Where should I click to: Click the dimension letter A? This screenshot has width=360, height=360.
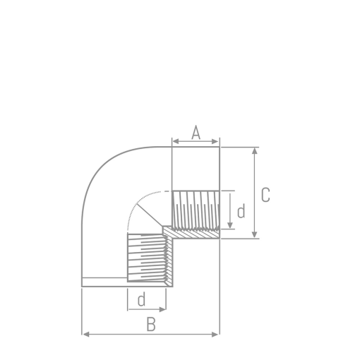click(x=196, y=132)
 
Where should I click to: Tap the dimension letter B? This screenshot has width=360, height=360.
click(x=150, y=325)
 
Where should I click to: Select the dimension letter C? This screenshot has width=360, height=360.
click(x=265, y=195)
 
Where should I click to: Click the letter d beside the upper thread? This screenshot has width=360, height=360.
click(x=241, y=211)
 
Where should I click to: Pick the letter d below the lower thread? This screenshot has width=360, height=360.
click(x=141, y=300)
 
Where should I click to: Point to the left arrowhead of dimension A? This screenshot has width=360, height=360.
click(x=175, y=143)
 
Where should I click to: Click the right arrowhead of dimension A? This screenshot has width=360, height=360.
click(x=217, y=143)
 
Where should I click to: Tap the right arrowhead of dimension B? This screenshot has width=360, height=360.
click(x=217, y=333)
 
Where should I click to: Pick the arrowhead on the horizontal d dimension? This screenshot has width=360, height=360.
click(x=163, y=309)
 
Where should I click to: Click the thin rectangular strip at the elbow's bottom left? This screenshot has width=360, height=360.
click(x=104, y=282)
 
